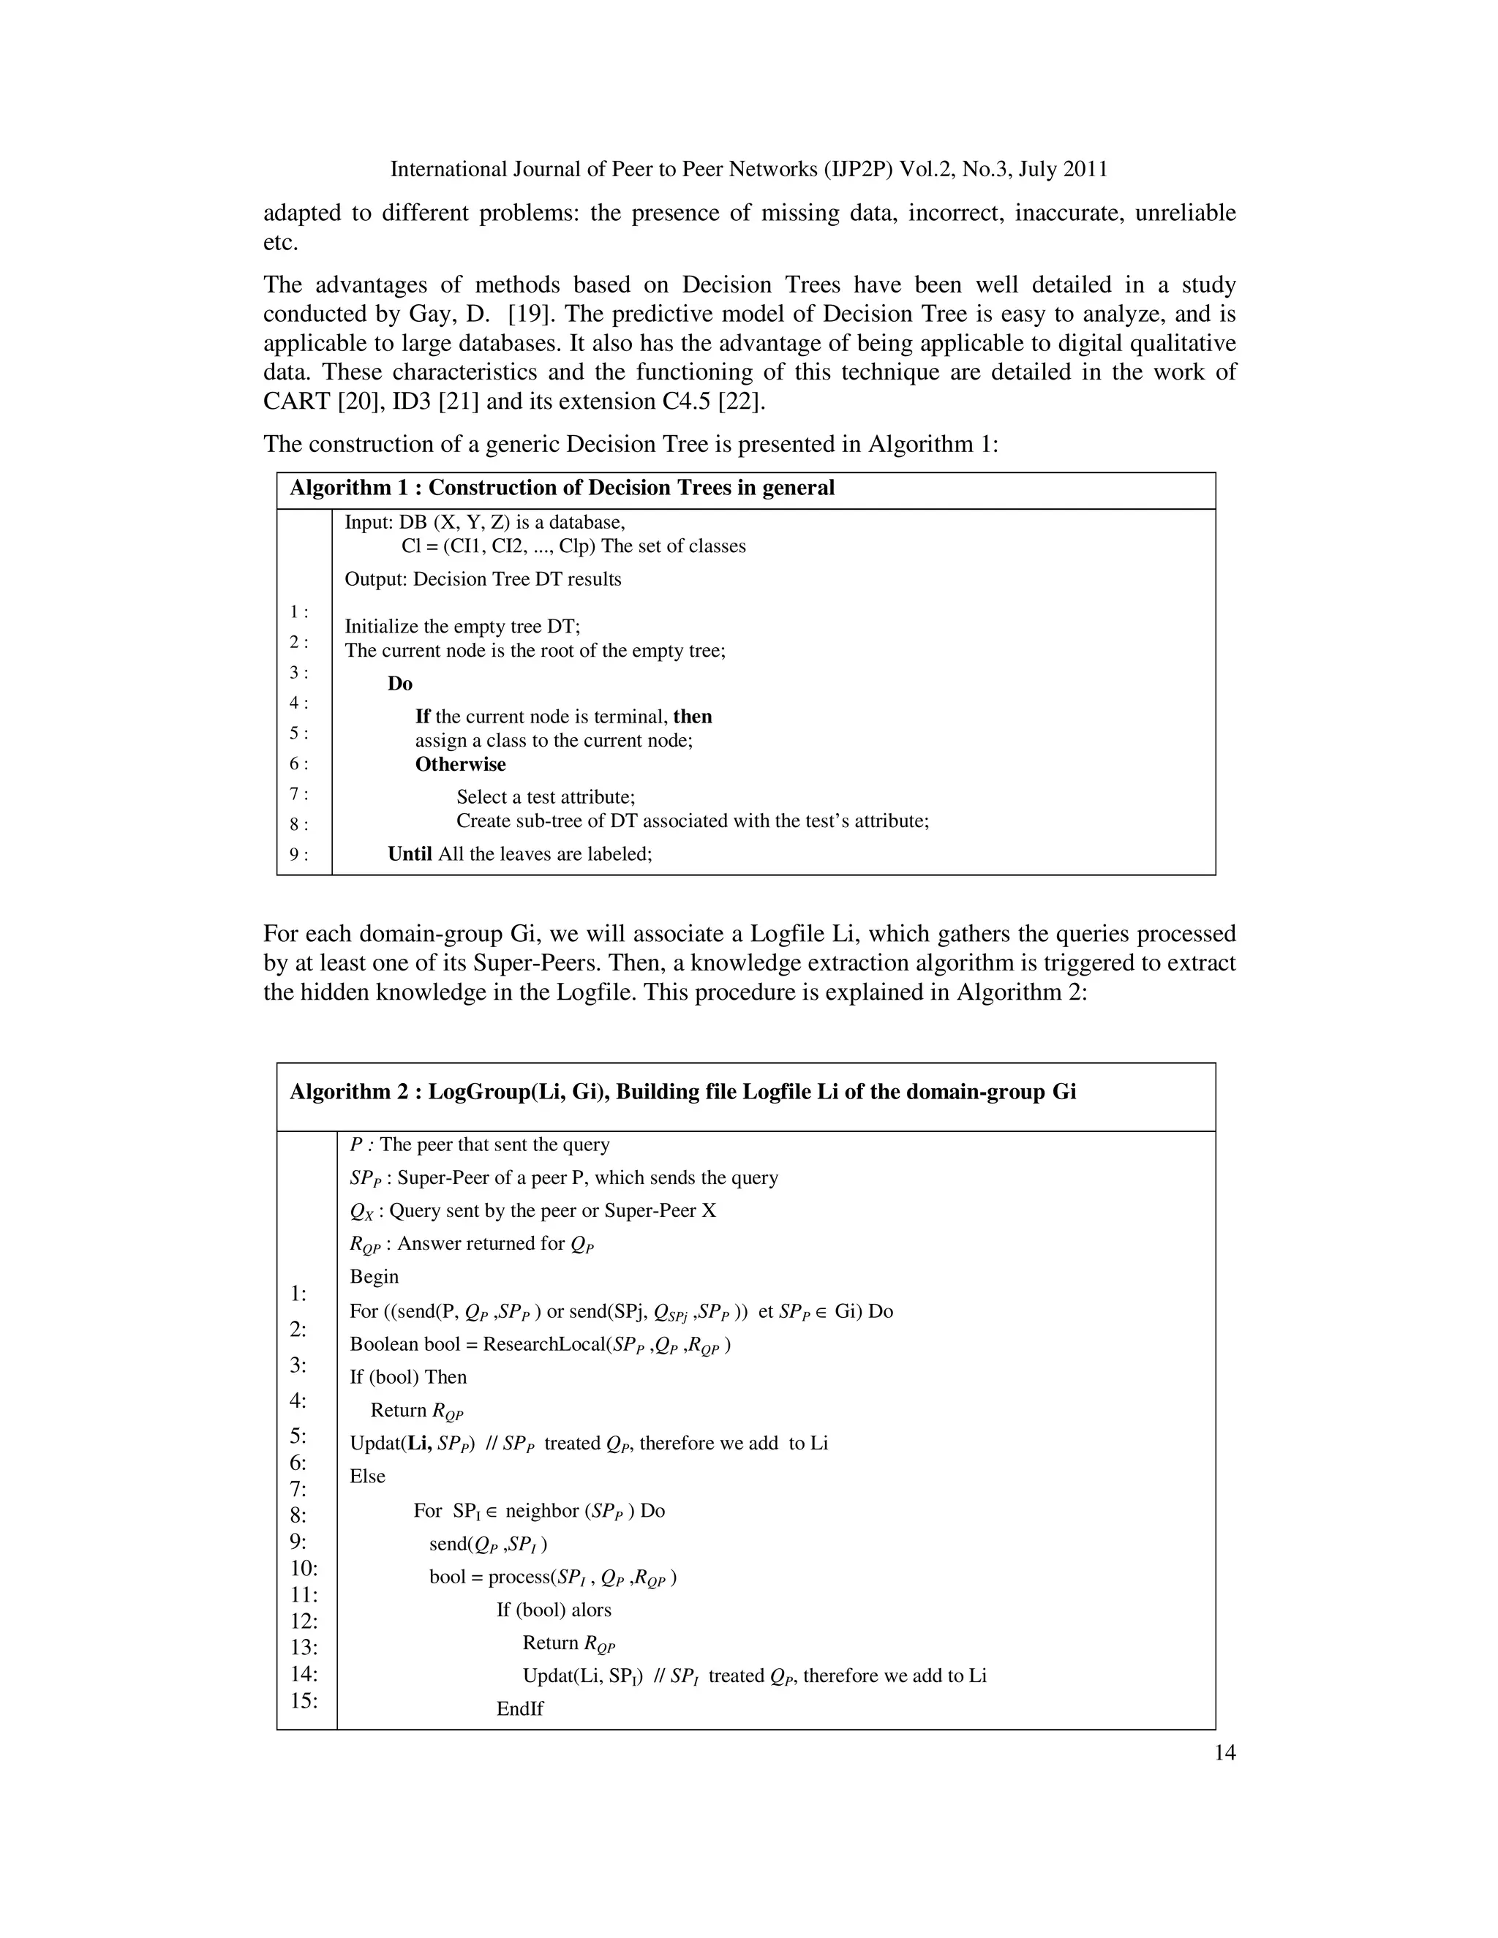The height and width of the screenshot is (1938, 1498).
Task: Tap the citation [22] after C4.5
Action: coord(741,401)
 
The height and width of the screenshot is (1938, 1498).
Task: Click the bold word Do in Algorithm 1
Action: coord(400,683)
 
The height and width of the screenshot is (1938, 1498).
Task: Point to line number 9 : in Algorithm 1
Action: coord(299,854)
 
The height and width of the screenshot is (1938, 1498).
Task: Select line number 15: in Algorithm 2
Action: coord(304,1700)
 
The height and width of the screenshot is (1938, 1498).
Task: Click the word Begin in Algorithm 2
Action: coord(374,1276)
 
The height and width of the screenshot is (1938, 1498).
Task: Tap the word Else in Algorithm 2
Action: coord(367,1476)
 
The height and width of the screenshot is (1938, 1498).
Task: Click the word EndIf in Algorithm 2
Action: coord(520,1708)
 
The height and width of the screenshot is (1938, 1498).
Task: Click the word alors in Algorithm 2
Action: coord(591,1610)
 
